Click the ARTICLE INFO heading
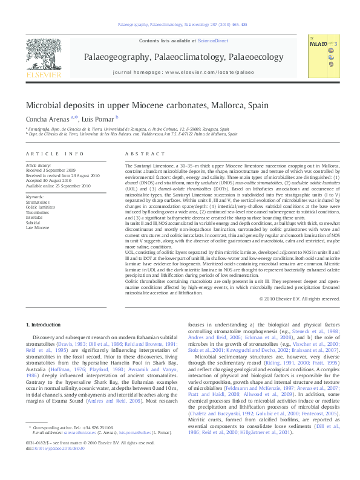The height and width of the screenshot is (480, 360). click(54, 155)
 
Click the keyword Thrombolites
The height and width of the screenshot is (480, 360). click(38, 213)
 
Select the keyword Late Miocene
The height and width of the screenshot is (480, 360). click(38, 227)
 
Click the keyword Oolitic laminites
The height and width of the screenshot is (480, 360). click(41, 207)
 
